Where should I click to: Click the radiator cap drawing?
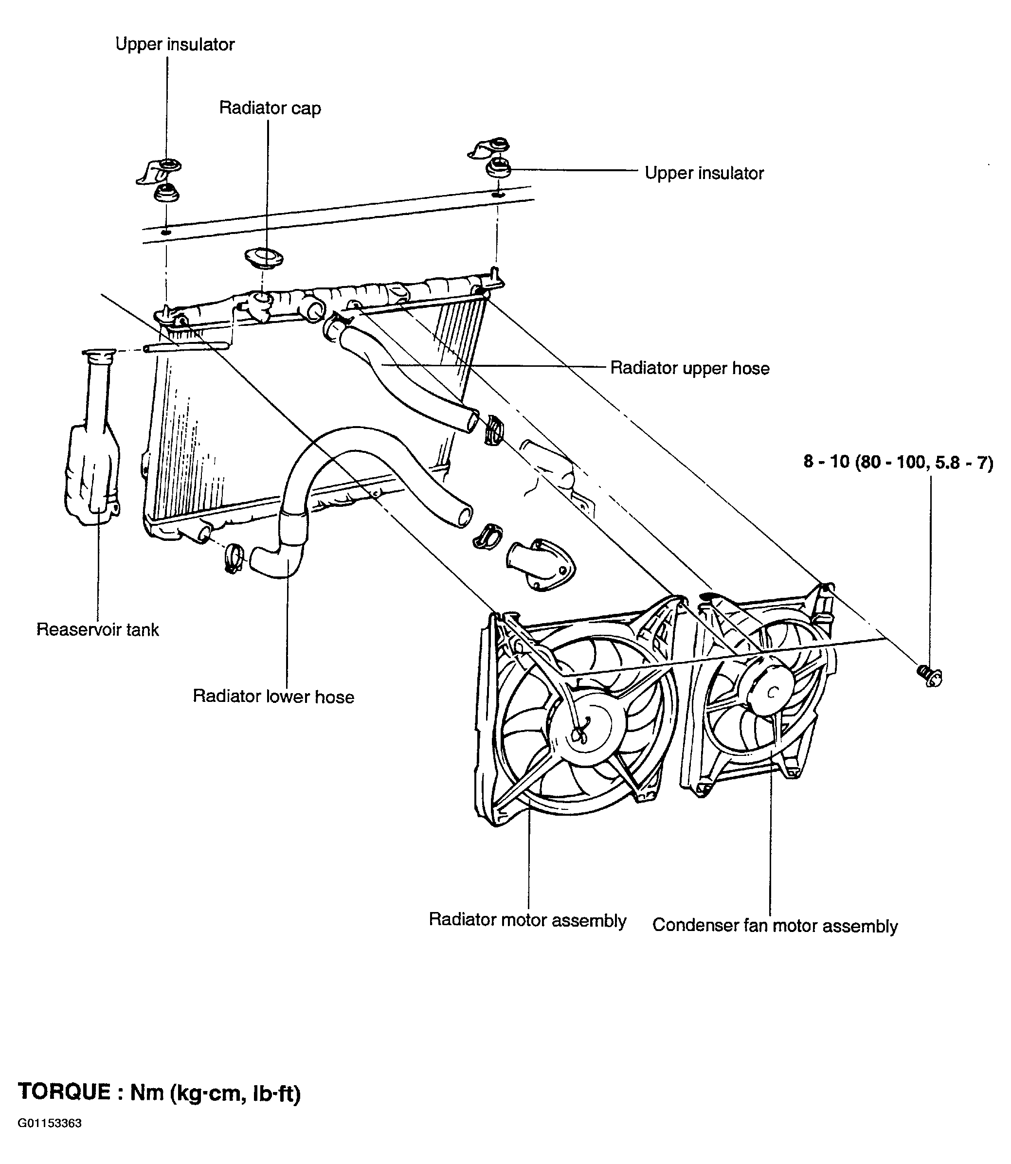[x=264, y=258]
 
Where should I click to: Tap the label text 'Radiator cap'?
[x=270, y=107]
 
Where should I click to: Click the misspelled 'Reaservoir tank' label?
[x=98, y=629]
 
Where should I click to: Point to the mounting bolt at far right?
[x=929, y=675]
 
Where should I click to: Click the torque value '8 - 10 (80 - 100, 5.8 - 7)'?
[x=898, y=462]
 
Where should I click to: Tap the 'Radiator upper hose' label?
[x=690, y=368]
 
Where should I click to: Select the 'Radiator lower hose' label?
[x=273, y=697]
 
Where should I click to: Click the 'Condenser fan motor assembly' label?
[x=775, y=926]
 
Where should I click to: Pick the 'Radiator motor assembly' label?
[x=527, y=920]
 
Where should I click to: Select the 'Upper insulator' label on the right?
[x=704, y=173]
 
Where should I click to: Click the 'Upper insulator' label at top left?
[x=175, y=45]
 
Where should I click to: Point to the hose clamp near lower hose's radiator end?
[x=233, y=558]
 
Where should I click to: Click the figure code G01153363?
[x=50, y=1139]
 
